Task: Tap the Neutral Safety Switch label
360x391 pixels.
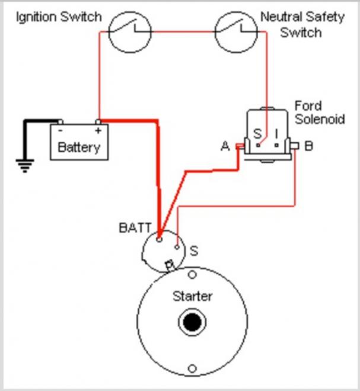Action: click(302, 24)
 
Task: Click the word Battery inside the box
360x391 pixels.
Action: click(79, 147)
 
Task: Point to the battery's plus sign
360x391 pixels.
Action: click(97, 129)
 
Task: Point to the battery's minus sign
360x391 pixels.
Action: click(60, 129)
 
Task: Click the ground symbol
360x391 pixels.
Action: click(24, 166)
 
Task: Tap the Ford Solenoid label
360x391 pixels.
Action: click(319, 113)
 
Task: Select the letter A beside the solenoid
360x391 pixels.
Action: click(225, 146)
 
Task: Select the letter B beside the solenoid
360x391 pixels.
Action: click(308, 146)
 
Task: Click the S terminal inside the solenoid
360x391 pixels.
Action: click(257, 134)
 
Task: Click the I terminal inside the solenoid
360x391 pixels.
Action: click(275, 134)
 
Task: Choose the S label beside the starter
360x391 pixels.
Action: click(193, 251)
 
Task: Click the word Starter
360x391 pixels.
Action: click(192, 296)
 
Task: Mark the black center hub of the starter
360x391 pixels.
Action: click(192, 323)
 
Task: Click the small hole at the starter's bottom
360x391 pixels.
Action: click(192, 368)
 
